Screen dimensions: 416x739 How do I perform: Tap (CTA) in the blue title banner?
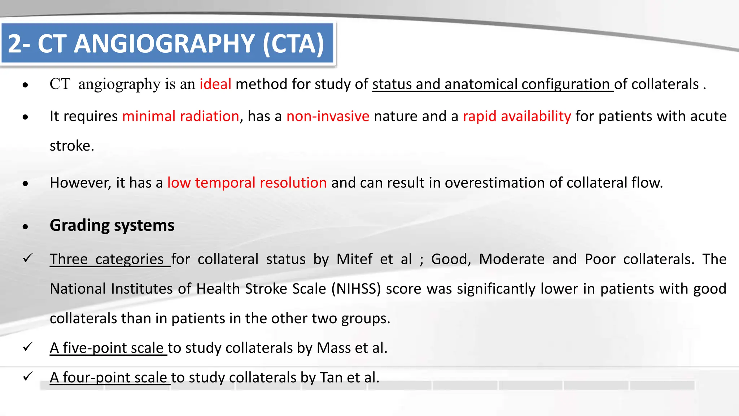tap(293, 44)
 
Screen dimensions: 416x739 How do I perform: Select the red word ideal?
tap(215, 84)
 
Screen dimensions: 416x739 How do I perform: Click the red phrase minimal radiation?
tap(180, 116)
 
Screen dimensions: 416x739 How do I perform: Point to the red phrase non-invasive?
tap(328, 116)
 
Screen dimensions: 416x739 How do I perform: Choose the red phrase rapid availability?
tap(517, 116)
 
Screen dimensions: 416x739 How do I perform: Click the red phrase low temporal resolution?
tap(247, 183)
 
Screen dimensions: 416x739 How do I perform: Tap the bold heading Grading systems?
tap(112, 225)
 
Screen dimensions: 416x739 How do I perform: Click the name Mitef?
tap(354, 259)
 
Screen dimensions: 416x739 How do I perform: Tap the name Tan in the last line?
tap(331, 378)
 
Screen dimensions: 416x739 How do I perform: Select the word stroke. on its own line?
tap(72, 146)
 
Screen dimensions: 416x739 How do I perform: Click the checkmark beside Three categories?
tap(28, 258)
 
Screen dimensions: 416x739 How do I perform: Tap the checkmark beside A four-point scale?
tap(28, 376)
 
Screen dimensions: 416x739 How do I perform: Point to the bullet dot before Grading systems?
tap(25, 227)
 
